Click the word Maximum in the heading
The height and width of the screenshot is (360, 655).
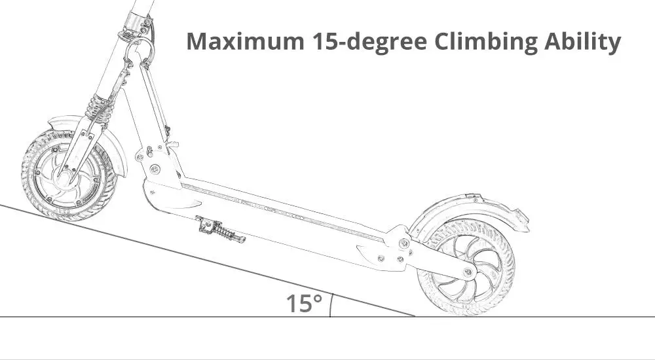245,41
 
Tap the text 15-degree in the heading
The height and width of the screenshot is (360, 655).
369,42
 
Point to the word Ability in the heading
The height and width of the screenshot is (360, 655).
582,42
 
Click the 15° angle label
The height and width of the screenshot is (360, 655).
304,303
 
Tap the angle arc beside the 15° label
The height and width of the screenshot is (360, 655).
331,305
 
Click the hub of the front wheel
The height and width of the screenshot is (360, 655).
65,175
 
